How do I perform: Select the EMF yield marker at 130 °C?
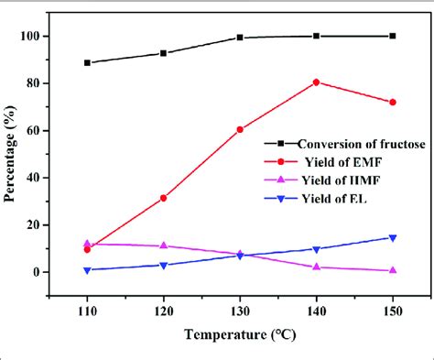[x=240, y=129]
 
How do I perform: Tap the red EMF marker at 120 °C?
[x=163, y=198]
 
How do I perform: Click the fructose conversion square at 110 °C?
[x=87, y=62]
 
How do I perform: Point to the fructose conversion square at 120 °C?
[x=163, y=53]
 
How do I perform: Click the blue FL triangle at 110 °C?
[x=87, y=270]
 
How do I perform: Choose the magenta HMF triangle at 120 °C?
[x=163, y=245]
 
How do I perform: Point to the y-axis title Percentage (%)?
[x=15, y=154]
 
